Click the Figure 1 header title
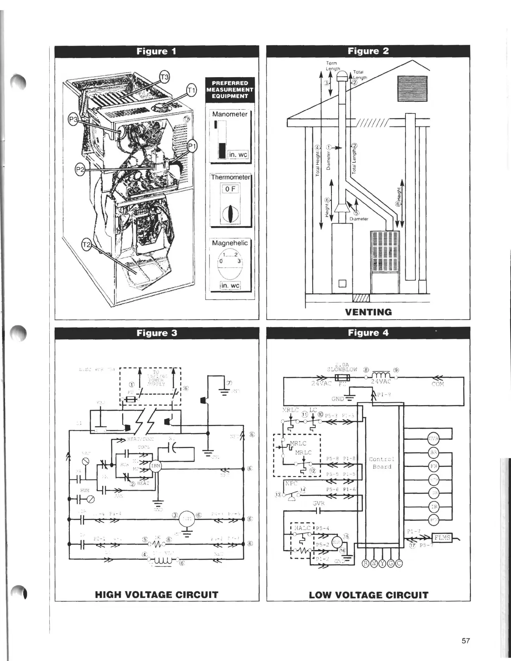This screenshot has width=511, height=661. (x=157, y=51)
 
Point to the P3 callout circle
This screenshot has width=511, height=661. (x=73, y=120)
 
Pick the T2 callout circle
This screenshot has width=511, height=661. (x=86, y=245)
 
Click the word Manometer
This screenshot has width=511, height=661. (x=230, y=114)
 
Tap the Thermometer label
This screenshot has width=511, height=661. (x=230, y=177)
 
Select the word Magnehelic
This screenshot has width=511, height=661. (x=230, y=243)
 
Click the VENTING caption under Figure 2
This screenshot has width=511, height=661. (x=369, y=312)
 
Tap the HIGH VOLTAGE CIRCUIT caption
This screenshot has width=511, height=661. (x=157, y=595)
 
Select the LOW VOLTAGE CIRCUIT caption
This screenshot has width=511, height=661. (x=369, y=595)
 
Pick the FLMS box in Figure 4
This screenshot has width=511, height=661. (x=442, y=537)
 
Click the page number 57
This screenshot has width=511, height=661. (x=466, y=641)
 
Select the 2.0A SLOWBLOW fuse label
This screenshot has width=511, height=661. (x=342, y=366)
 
